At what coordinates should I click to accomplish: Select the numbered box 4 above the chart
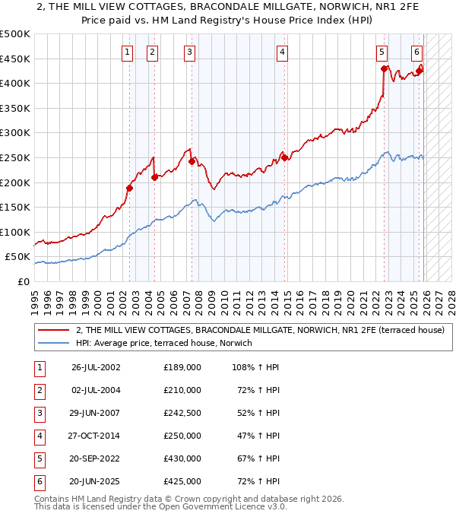[x=282, y=52]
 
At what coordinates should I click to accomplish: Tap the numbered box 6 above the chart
[x=417, y=52]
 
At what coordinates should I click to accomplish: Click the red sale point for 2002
[x=129, y=188]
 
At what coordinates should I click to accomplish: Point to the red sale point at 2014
[x=284, y=157]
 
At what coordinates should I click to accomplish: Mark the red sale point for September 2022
[x=385, y=68]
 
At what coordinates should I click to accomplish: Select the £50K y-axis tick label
[x=18, y=257]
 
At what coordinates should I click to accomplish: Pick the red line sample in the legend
[x=54, y=330]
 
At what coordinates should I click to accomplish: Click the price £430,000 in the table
[x=182, y=458]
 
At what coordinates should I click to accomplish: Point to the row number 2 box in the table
[x=40, y=390]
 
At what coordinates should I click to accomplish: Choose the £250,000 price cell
[x=182, y=436]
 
